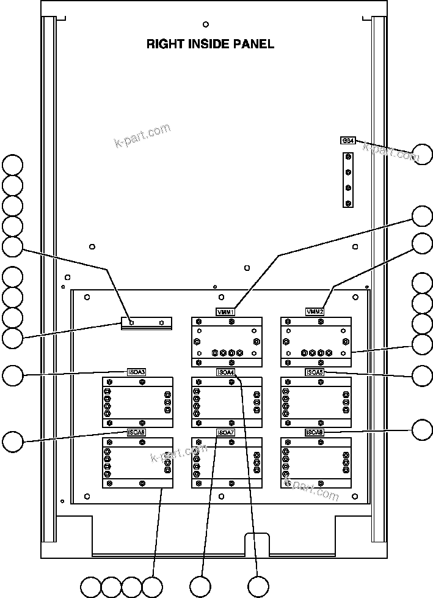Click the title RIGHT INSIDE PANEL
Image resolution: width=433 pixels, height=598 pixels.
[x=210, y=44]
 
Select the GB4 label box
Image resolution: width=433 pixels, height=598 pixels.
[x=347, y=141]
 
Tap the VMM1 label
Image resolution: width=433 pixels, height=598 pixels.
[x=225, y=312]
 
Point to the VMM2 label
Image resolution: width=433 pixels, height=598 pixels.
[x=315, y=312]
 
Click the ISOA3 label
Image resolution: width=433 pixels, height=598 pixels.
[x=136, y=372]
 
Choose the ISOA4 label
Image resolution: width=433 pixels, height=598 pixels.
[x=225, y=372]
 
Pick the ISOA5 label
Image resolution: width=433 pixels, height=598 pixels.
[x=315, y=372]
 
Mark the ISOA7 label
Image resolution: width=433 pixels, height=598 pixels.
[x=225, y=432]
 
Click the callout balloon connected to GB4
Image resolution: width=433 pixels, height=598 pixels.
[x=422, y=153]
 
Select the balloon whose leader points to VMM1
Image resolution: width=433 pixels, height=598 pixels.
[x=422, y=216]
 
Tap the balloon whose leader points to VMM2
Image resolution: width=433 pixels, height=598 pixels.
[x=422, y=243]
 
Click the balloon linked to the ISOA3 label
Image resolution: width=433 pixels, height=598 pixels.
[x=12, y=375]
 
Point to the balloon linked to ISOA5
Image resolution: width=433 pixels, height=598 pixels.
[x=422, y=375]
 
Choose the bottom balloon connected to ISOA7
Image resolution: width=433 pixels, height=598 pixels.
[x=200, y=586]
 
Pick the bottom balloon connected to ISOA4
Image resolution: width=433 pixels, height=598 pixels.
[x=258, y=586]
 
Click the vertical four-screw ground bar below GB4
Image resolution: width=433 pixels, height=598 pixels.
[x=348, y=180]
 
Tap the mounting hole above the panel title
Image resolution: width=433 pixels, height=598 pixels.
[x=205, y=24]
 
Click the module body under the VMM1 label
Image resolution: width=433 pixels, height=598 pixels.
[x=226, y=342]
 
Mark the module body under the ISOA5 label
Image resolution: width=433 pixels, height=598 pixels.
[x=316, y=402]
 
